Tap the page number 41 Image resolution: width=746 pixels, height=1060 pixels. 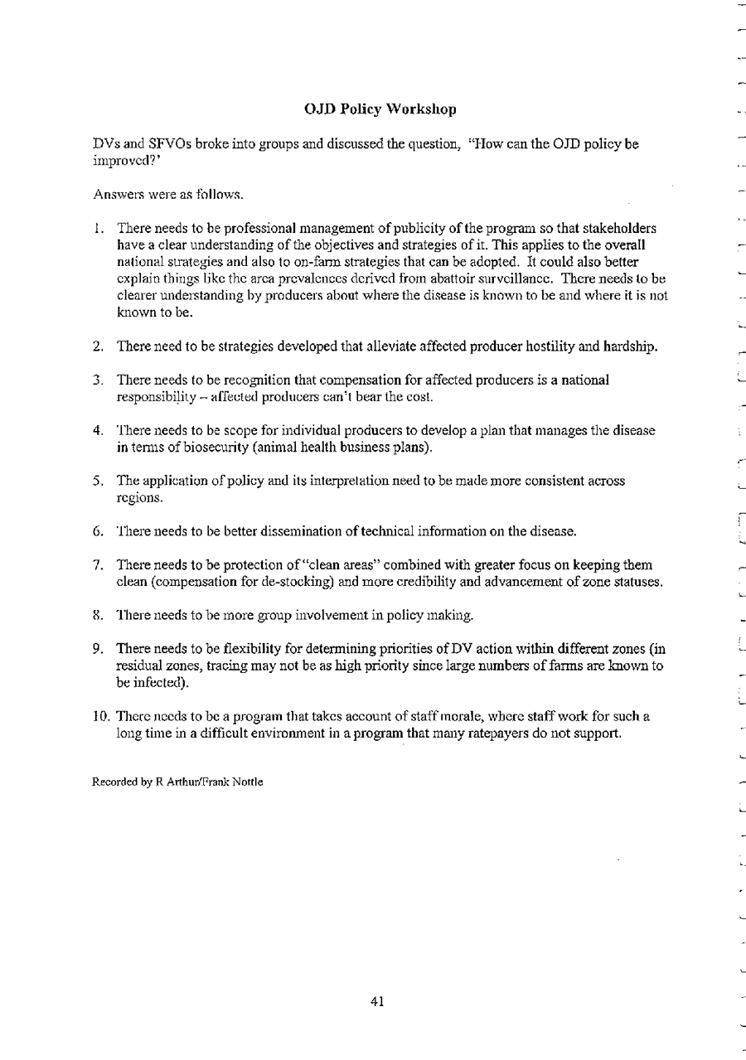tap(377, 1002)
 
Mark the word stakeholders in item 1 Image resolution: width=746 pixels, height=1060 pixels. tap(619, 228)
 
